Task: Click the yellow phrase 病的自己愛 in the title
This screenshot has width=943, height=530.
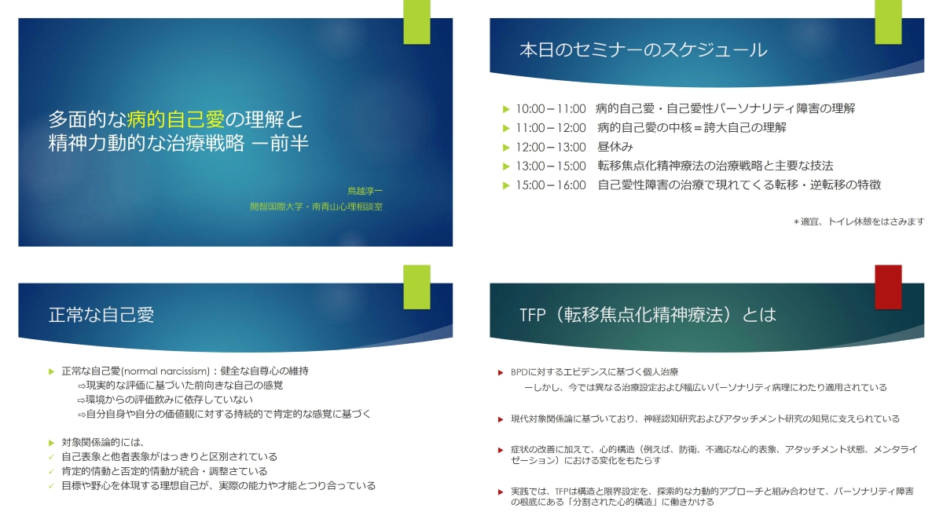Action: point(175,119)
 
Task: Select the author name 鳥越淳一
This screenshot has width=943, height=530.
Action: point(365,191)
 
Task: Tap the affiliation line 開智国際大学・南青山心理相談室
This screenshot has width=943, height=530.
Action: point(316,207)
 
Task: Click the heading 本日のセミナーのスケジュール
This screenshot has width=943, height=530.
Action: point(644,50)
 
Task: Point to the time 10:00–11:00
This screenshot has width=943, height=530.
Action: point(551,109)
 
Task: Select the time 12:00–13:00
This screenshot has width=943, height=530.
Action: point(551,148)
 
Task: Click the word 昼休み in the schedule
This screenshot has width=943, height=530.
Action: point(615,147)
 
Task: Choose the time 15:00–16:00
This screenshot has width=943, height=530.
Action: point(551,185)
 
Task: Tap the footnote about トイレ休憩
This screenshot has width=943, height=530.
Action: point(859,221)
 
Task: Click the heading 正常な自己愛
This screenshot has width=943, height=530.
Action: point(101,315)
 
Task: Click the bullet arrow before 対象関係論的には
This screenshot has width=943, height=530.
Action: point(51,443)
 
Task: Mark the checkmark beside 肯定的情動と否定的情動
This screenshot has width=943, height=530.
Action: point(51,472)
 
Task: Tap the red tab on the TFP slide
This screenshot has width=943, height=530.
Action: point(888,287)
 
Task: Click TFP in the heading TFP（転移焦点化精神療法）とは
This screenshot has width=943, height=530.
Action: point(533,315)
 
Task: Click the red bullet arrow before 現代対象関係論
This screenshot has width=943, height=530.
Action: point(501,419)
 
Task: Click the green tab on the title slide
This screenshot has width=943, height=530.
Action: point(416,22)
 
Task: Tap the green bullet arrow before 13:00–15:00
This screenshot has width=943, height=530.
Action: point(506,166)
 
